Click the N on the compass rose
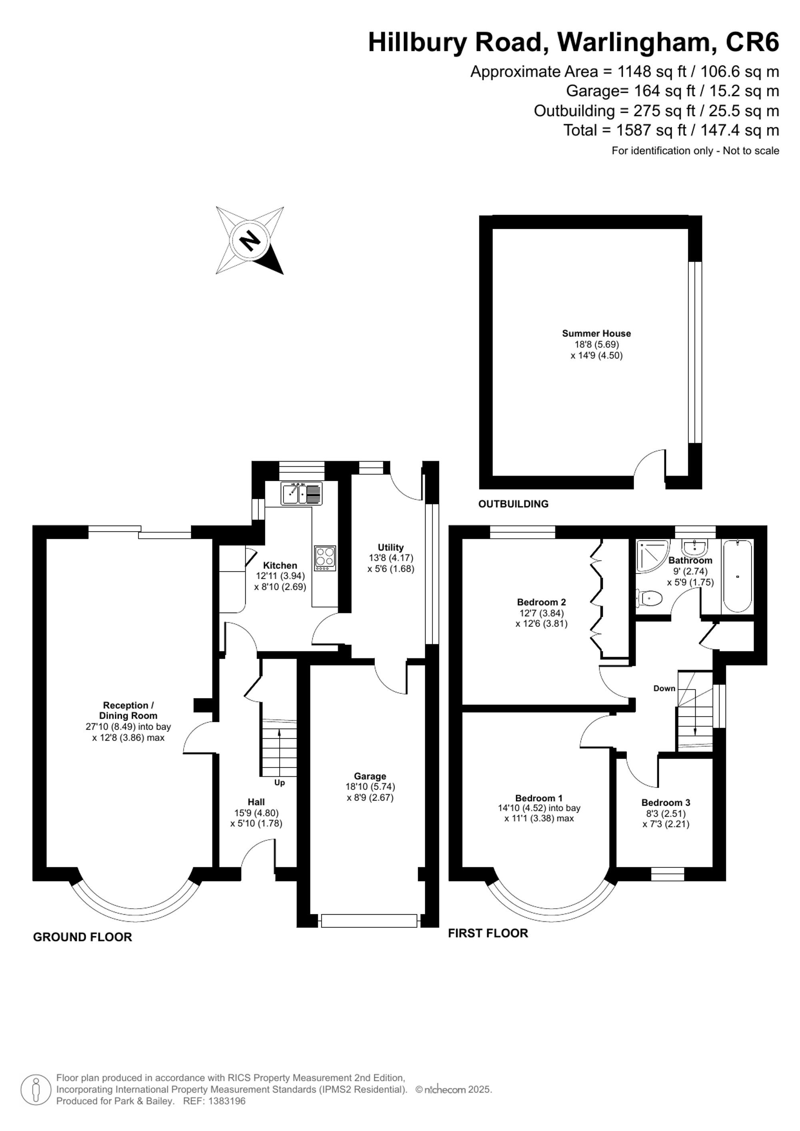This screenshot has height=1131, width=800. click(x=250, y=240)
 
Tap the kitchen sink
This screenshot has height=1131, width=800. click(x=302, y=494)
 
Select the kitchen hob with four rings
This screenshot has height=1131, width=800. click(x=325, y=558)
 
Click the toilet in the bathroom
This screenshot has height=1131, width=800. click(x=649, y=599)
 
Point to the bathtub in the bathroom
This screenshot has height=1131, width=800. click(x=737, y=575)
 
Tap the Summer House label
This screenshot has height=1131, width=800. click(x=596, y=334)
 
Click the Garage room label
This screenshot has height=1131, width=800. click(x=370, y=776)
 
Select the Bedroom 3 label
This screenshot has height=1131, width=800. click(x=666, y=802)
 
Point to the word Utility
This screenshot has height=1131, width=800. click(x=391, y=547)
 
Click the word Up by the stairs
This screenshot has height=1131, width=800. click(x=279, y=783)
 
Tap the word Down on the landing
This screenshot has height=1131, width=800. click(x=664, y=688)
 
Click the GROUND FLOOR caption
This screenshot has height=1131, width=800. click(x=82, y=937)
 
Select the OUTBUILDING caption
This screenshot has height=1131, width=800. click(x=513, y=504)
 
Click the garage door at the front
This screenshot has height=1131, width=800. click(x=369, y=921)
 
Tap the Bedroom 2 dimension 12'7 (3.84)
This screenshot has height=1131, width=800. click(x=541, y=613)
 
